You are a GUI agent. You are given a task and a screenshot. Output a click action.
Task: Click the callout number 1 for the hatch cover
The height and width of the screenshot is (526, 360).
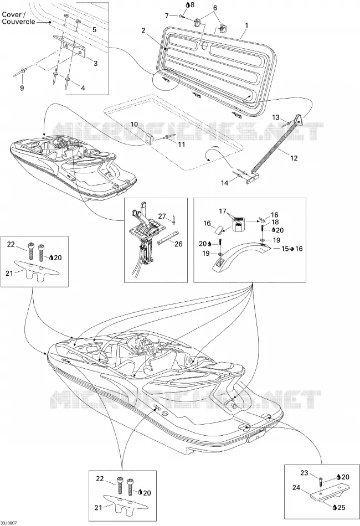pyautogui.click(x=247, y=25)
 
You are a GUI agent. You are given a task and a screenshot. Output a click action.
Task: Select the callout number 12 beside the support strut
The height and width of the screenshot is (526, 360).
pyautogui.click(x=294, y=158)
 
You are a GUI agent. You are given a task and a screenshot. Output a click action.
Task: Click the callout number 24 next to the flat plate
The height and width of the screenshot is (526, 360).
pyautogui.click(x=296, y=487)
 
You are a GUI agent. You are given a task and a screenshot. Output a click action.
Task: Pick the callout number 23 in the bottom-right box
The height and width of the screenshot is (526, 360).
pyautogui.click(x=304, y=473)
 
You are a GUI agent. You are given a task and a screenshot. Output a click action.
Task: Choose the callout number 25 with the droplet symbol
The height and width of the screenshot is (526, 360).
pyautogui.click(x=341, y=508)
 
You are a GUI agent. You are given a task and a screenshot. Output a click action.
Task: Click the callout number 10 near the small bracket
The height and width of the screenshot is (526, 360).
pyautogui.click(x=134, y=125)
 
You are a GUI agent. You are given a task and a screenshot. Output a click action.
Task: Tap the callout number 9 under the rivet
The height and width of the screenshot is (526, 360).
pyautogui.click(x=22, y=88)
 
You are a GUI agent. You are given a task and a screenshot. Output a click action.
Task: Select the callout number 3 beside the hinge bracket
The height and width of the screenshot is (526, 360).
pyautogui.click(x=96, y=63)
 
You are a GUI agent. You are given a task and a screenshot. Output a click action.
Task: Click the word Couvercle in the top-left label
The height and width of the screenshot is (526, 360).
pyautogui.click(x=19, y=22)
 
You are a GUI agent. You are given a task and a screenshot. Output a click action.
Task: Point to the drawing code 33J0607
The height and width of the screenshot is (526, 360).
pyautogui.click(x=8, y=523)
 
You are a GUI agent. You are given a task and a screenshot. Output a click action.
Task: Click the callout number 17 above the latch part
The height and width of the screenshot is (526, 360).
pyautogui.click(x=223, y=212)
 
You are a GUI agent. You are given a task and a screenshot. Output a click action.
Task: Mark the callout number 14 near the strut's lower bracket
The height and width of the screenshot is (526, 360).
pyautogui.click(x=224, y=183)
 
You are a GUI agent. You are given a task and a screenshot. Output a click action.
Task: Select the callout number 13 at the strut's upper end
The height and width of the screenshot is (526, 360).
pyautogui.click(x=275, y=117)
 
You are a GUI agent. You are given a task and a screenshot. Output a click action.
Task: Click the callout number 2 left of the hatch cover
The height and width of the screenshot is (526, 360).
pyautogui.click(x=143, y=30)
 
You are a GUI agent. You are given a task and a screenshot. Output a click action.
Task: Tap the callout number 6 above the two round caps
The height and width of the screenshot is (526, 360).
pyautogui.click(x=215, y=8)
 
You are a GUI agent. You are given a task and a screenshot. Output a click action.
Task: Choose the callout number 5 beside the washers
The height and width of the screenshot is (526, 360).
pyautogui.click(x=94, y=29)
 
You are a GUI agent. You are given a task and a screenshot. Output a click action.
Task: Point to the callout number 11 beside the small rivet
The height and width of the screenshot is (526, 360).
pyautogui.click(x=181, y=145)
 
